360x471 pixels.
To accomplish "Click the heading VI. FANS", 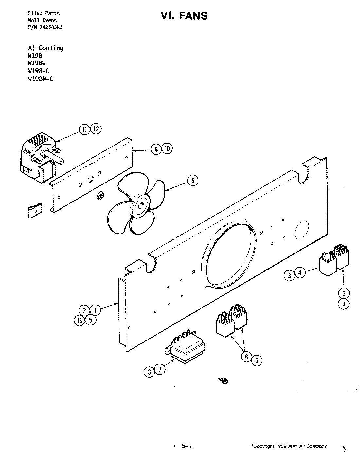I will click(184, 15).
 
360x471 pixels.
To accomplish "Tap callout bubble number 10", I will click(167, 149).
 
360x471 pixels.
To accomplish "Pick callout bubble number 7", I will click(160, 370).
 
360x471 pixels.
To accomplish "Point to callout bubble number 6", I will click(247, 357).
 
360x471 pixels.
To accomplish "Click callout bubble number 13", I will click(80, 321).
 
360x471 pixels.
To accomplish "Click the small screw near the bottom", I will click(224, 380).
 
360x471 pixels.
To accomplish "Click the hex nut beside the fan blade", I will click(100, 196).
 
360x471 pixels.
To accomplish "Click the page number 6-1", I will click(186, 446).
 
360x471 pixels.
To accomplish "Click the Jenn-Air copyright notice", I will click(288, 446).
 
